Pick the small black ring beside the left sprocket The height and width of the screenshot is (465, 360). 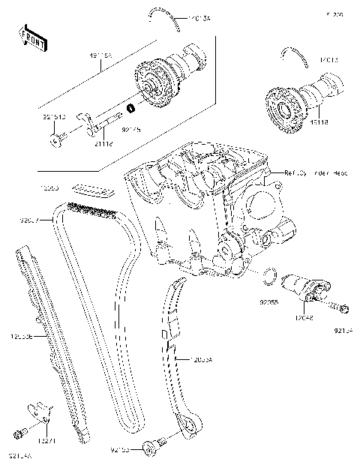coord(131,109)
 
